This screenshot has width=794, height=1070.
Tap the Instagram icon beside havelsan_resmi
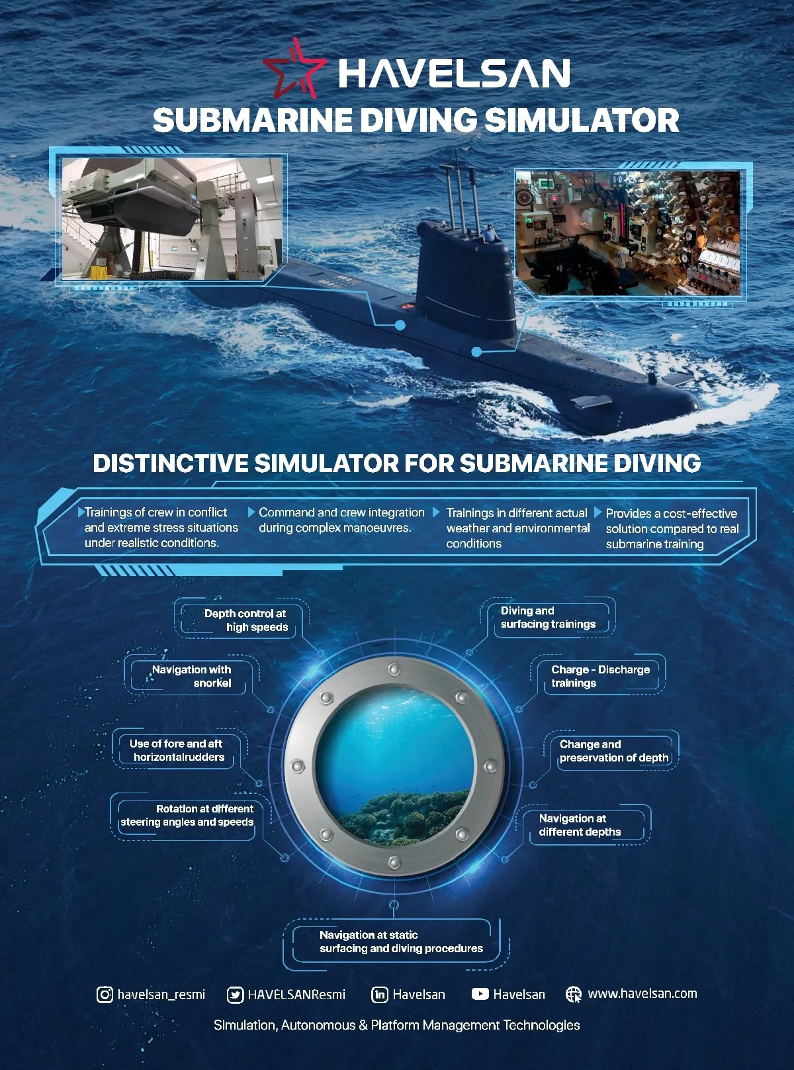click(105, 994)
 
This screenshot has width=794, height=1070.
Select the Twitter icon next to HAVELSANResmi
click(235, 995)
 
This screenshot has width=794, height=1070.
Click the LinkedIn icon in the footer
click(380, 995)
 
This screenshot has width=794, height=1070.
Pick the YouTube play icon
click(480, 994)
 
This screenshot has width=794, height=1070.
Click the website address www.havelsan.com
click(642, 993)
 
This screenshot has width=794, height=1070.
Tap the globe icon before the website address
click(574, 994)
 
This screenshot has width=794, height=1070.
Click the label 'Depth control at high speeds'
click(246, 620)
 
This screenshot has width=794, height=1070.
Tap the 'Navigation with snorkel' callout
click(192, 676)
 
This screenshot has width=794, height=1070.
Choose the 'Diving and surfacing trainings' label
click(548, 617)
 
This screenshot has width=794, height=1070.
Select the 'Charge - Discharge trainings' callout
click(600, 676)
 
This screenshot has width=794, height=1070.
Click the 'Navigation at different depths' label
click(580, 825)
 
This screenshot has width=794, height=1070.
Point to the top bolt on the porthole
click(394, 669)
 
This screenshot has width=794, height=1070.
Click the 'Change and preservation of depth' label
click(613, 751)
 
